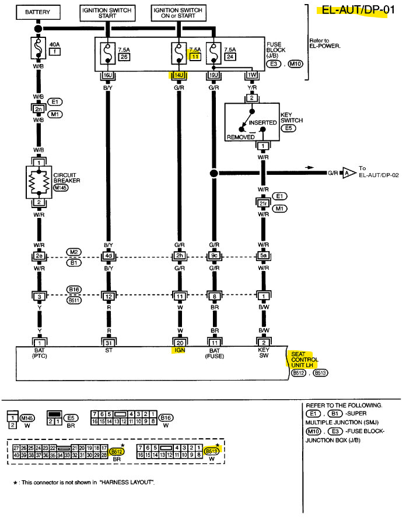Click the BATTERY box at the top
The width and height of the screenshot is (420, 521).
coord(38,12)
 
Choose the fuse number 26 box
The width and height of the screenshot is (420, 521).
coord(123,57)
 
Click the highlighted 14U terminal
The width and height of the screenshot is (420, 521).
coord(178,76)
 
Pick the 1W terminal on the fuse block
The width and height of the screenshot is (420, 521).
coord(252,76)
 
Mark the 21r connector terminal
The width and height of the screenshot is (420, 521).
coord(263,203)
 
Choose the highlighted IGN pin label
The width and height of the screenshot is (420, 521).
coord(178,351)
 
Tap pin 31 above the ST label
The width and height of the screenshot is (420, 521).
coord(108,342)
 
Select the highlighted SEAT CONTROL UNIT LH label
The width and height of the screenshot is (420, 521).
coord(304,360)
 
